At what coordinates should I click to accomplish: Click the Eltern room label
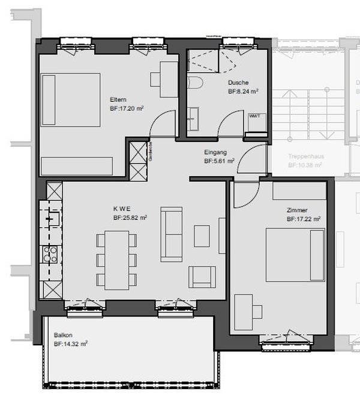pyautogui.click(x=118, y=100)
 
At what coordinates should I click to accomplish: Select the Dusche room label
pyautogui.click(x=238, y=83)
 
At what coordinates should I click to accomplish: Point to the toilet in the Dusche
pyautogui.click(x=194, y=84)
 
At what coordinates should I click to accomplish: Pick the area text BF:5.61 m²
pyautogui.click(x=219, y=161)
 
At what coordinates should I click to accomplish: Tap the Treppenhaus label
pyautogui.click(x=305, y=155)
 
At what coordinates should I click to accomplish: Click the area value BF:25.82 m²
pyautogui.click(x=130, y=218)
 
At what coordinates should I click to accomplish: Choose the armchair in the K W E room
pyautogui.click(x=199, y=277)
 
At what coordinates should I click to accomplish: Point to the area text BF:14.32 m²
pyautogui.click(x=71, y=344)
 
